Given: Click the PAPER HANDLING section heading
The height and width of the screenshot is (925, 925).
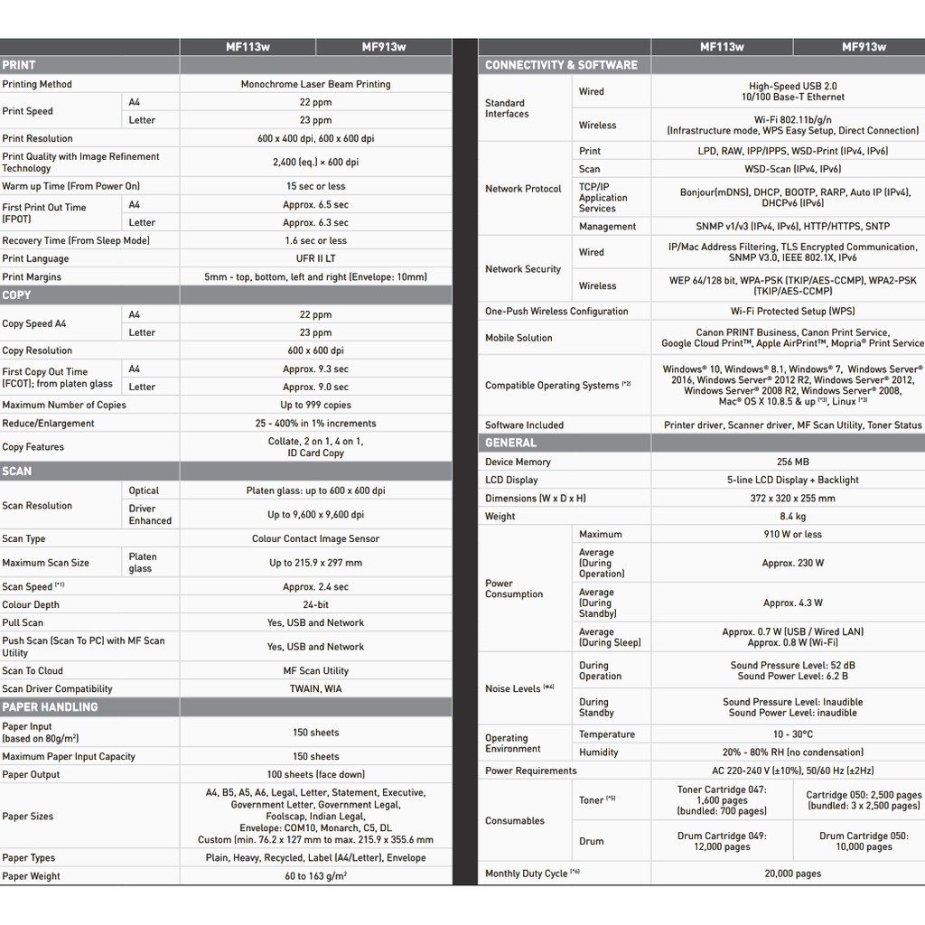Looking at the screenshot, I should [x=50, y=707].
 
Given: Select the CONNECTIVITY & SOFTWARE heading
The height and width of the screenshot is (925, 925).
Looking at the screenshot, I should [x=561, y=65].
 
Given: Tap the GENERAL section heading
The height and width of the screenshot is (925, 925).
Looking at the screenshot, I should [x=510, y=443].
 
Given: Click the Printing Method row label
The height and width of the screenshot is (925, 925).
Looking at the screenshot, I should [x=37, y=84].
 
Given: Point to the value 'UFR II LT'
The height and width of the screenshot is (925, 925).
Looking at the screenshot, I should [x=315, y=258].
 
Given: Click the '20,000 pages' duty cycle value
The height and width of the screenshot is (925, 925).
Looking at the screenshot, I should [x=792, y=874].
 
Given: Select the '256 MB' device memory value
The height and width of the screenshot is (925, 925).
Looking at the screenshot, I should [x=792, y=462].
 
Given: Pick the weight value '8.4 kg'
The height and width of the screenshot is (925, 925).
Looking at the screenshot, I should [x=792, y=516].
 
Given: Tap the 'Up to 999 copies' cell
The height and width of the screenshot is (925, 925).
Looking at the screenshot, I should [x=315, y=405].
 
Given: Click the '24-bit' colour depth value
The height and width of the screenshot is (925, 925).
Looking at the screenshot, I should [x=315, y=604].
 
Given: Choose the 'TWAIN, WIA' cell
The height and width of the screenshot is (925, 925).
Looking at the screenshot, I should [x=315, y=688].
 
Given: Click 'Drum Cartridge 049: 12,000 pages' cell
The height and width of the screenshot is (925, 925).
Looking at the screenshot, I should [x=722, y=841].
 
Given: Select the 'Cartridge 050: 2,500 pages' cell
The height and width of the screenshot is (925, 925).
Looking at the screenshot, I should [x=864, y=800].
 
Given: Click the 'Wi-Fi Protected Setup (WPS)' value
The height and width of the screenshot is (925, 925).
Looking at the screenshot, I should [x=792, y=311].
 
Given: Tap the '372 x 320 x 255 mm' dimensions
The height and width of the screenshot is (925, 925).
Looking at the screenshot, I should [x=792, y=498].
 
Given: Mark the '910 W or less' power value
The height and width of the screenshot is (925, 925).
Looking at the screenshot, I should [x=792, y=534].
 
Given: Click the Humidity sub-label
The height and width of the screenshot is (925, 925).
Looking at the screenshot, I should [x=599, y=752].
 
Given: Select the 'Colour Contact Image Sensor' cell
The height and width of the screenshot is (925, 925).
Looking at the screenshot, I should [x=315, y=538].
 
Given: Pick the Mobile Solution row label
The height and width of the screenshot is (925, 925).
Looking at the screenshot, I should [x=519, y=338].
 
